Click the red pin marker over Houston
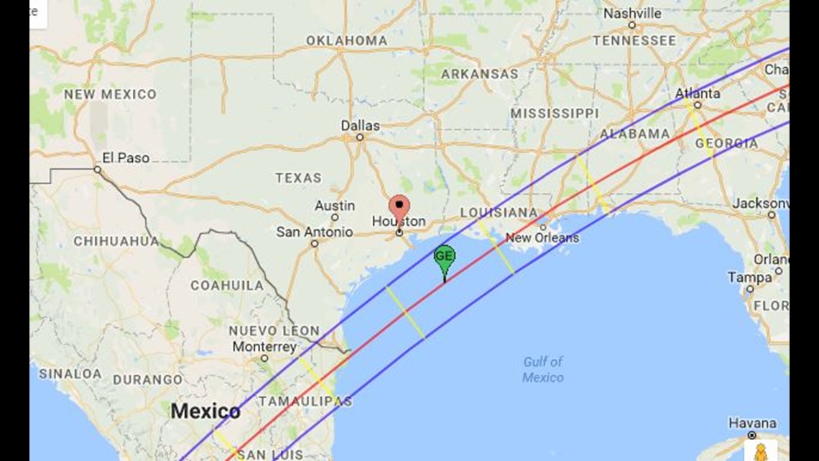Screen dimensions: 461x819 click(399, 208)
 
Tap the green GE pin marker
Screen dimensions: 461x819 click(445, 257)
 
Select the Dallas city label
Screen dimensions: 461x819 click(360, 126)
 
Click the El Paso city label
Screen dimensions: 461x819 click(126, 158)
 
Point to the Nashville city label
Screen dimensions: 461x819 click(632, 14)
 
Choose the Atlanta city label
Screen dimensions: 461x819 click(697, 93)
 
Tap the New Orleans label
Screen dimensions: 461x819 click(542, 238)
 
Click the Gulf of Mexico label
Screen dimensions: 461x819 click(543, 370)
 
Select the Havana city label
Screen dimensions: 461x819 click(752, 423)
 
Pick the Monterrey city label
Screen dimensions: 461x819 click(264, 347)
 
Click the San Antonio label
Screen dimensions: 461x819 click(315, 232)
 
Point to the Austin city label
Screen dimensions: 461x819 click(335, 206)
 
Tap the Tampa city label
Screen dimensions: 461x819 click(749, 278)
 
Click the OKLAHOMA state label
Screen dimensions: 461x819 click(346, 41)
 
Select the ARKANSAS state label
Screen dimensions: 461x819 click(479, 74)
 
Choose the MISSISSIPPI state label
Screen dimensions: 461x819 click(554, 114)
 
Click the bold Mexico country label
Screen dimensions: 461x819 click(205, 412)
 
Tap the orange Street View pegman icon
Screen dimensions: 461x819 click(760, 452)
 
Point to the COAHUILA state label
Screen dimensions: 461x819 click(227, 286)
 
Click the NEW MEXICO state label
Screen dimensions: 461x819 click(110, 94)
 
